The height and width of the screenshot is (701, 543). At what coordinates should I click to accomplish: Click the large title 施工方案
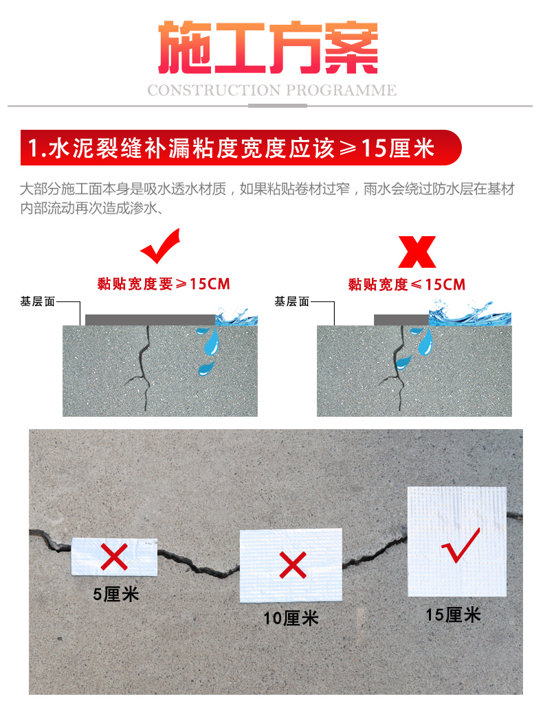click(x=268, y=47)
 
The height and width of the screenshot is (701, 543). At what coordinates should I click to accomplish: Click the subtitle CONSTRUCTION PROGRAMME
click(x=271, y=91)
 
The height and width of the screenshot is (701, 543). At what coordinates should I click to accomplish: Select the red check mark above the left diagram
click(x=160, y=246)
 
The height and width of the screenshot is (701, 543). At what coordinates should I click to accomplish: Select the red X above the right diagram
click(x=417, y=252)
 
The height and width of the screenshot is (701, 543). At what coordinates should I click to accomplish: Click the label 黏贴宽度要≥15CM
click(x=164, y=284)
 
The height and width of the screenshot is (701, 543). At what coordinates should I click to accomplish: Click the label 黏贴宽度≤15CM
click(x=407, y=284)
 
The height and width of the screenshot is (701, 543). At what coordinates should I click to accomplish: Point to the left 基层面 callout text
click(x=38, y=302)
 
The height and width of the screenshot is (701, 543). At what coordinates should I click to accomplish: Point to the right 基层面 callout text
click(x=292, y=302)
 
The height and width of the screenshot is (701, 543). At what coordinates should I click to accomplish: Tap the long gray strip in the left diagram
click(x=150, y=320)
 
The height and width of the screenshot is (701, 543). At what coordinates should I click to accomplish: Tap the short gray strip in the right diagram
click(x=401, y=320)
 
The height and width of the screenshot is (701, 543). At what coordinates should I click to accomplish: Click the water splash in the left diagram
click(x=236, y=317)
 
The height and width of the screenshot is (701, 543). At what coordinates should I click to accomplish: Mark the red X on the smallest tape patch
click(x=114, y=557)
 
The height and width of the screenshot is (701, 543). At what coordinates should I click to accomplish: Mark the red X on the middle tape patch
click(x=293, y=565)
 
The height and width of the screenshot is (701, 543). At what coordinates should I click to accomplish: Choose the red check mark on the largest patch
click(x=461, y=545)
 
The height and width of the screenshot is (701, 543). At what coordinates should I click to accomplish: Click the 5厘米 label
click(x=116, y=595)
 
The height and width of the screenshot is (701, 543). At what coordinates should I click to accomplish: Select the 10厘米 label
click(x=291, y=619)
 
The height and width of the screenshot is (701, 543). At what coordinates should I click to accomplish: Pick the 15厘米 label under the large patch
click(x=453, y=615)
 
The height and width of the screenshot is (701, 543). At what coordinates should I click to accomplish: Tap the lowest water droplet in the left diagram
click(x=206, y=368)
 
